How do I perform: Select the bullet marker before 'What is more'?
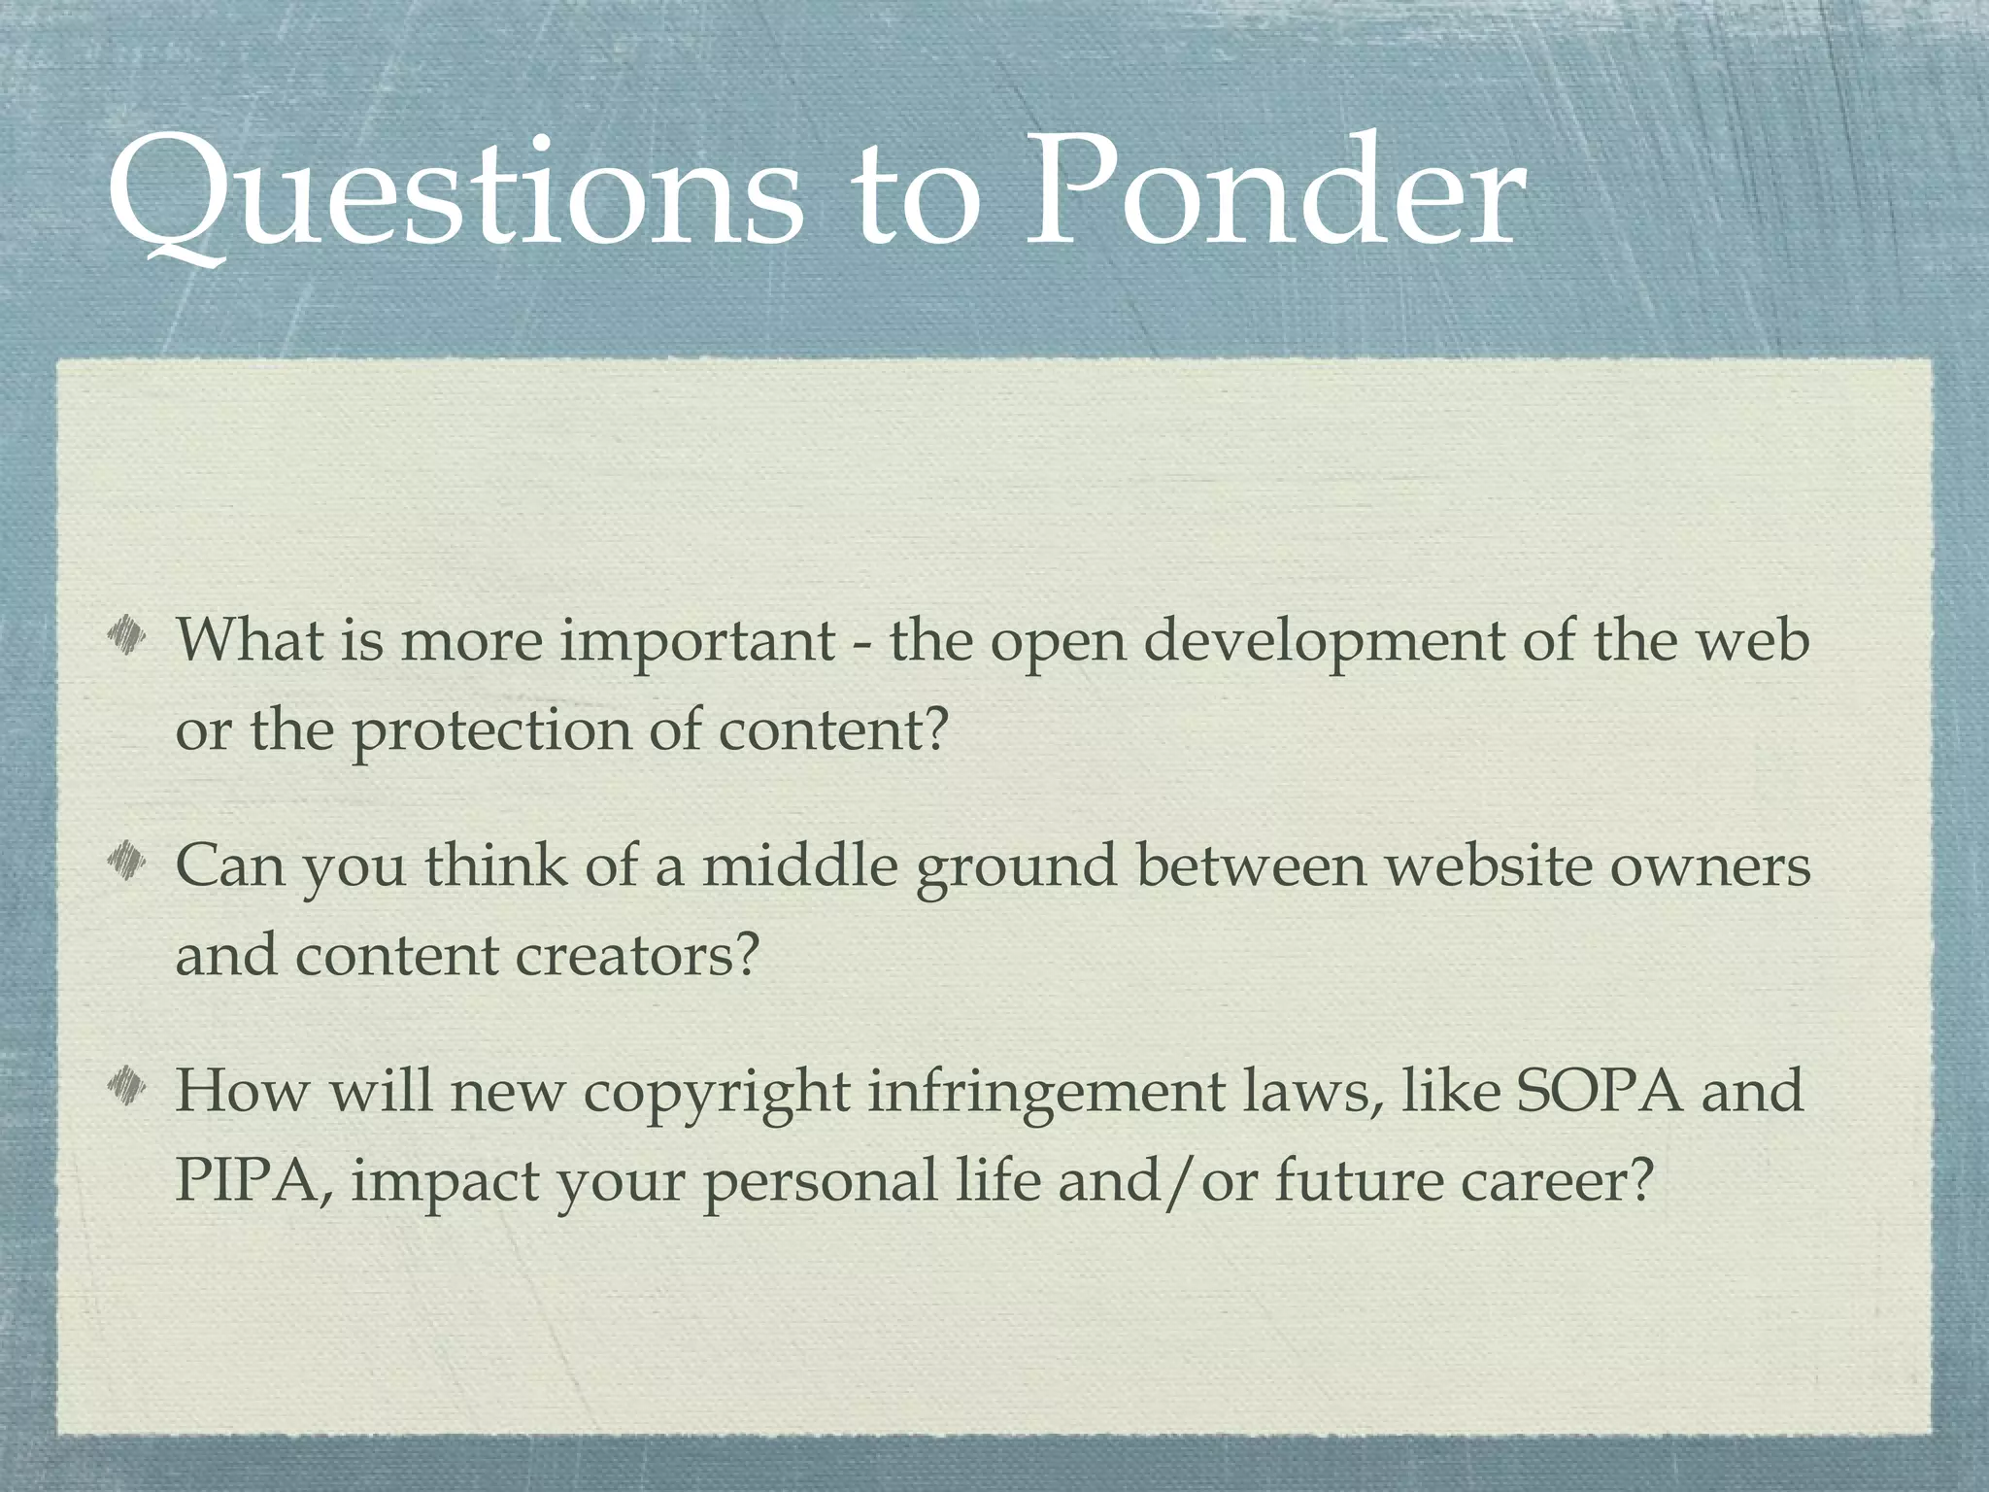point(126,639)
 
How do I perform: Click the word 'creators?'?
point(635,956)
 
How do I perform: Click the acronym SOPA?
point(1599,1090)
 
